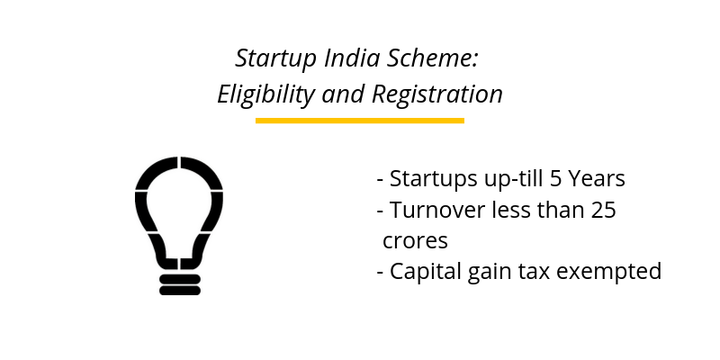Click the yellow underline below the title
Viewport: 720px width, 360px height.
[359, 120]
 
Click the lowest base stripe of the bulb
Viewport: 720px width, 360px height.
[179, 291]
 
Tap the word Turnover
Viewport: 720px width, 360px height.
[434, 211]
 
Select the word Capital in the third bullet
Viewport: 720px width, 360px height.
[422, 271]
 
